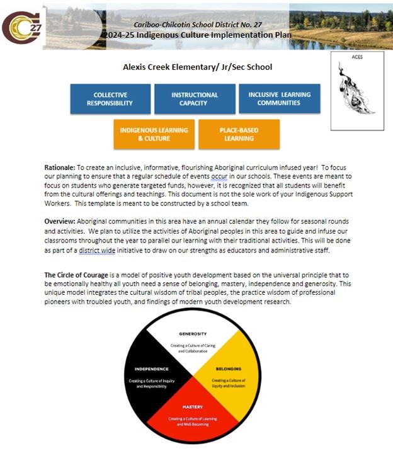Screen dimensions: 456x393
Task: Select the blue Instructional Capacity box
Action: (x=195, y=99)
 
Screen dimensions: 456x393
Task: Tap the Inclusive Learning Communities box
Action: (x=279, y=99)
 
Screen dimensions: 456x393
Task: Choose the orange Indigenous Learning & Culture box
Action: (x=154, y=134)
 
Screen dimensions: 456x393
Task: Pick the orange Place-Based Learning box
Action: (x=239, y=134)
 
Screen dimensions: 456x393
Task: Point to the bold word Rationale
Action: (x=59, y=168)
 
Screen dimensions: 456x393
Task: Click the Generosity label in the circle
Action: (x=193, y=333)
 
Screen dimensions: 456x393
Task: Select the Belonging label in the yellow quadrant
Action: (x=228, y=368)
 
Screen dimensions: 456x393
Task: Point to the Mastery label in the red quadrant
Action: (x=193, y=407)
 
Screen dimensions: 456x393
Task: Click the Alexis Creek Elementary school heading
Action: (x=198, y=67)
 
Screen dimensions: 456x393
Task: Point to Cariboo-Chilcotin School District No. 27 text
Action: (x=198, y=25)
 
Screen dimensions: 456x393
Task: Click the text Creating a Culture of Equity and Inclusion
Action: (x=228, y=383)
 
